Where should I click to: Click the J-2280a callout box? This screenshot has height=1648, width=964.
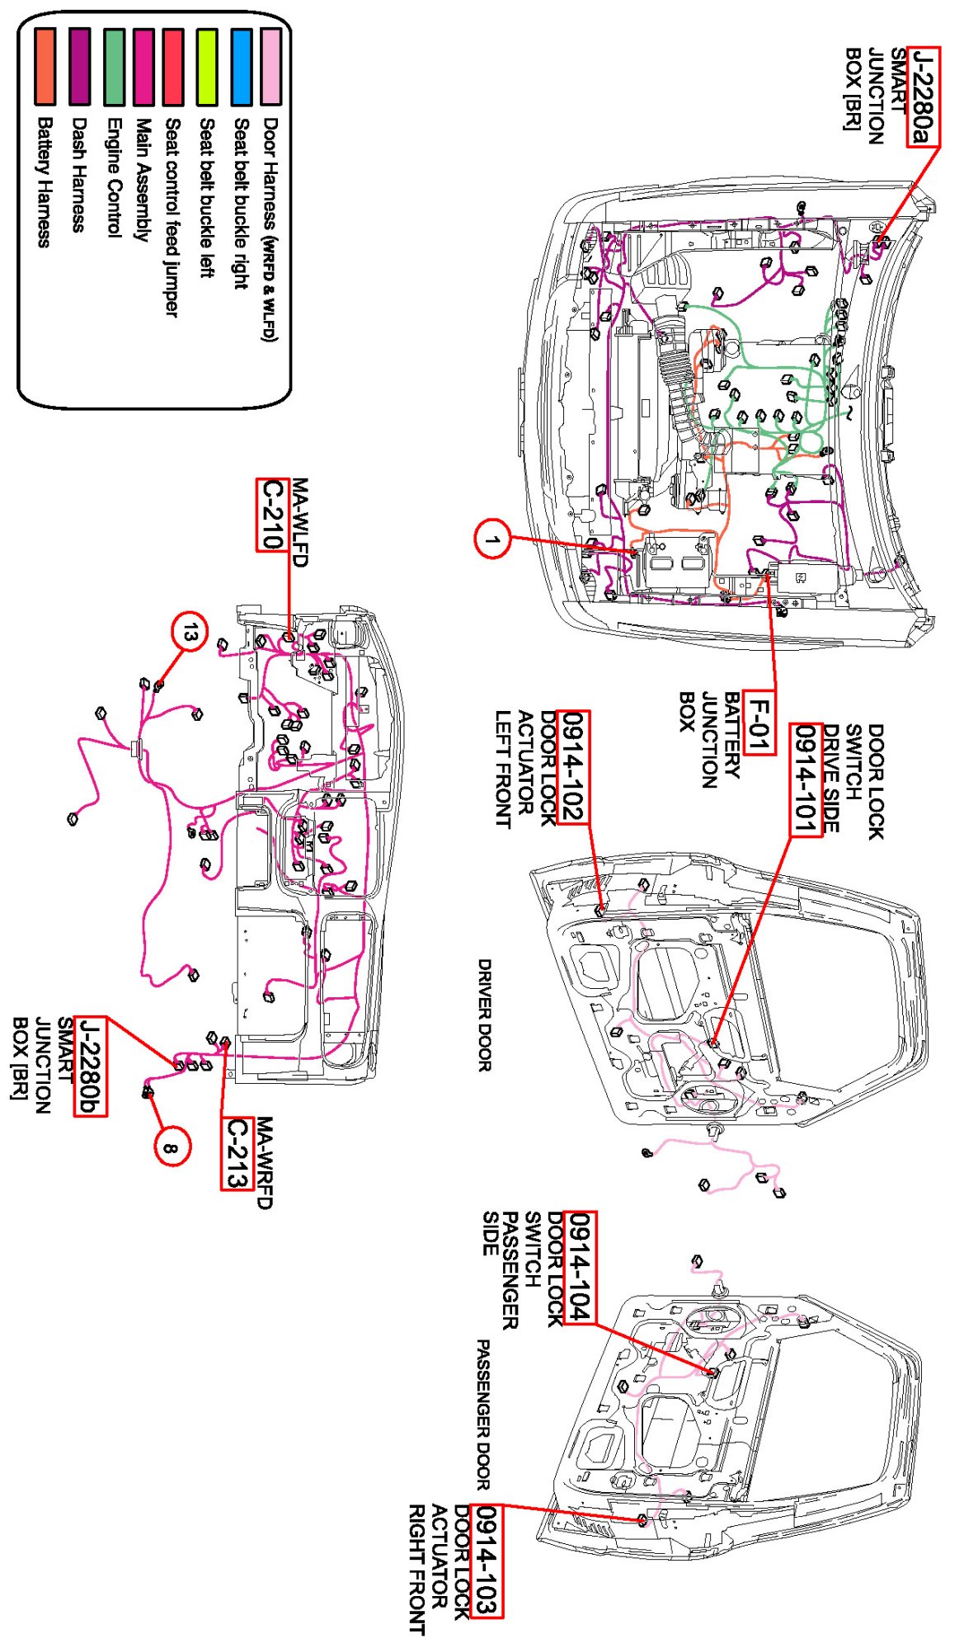click(923, 97)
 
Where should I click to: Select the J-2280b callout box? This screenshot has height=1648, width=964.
click(90, 1066)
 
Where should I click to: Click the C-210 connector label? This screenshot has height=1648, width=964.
click(271, 515)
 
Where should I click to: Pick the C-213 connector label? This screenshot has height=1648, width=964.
click(237, 1152)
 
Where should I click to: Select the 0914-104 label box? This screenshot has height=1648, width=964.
click(579, 1268)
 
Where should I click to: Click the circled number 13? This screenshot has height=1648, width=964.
click(190, 633)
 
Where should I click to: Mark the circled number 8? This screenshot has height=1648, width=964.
click(171, 1147)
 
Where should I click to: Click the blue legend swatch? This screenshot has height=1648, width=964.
click(242, 67)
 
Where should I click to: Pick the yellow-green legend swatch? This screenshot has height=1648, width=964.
click(207, 67)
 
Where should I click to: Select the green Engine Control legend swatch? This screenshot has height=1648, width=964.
click(115, 67)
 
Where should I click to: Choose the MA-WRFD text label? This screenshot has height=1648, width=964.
click(264, 1162)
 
